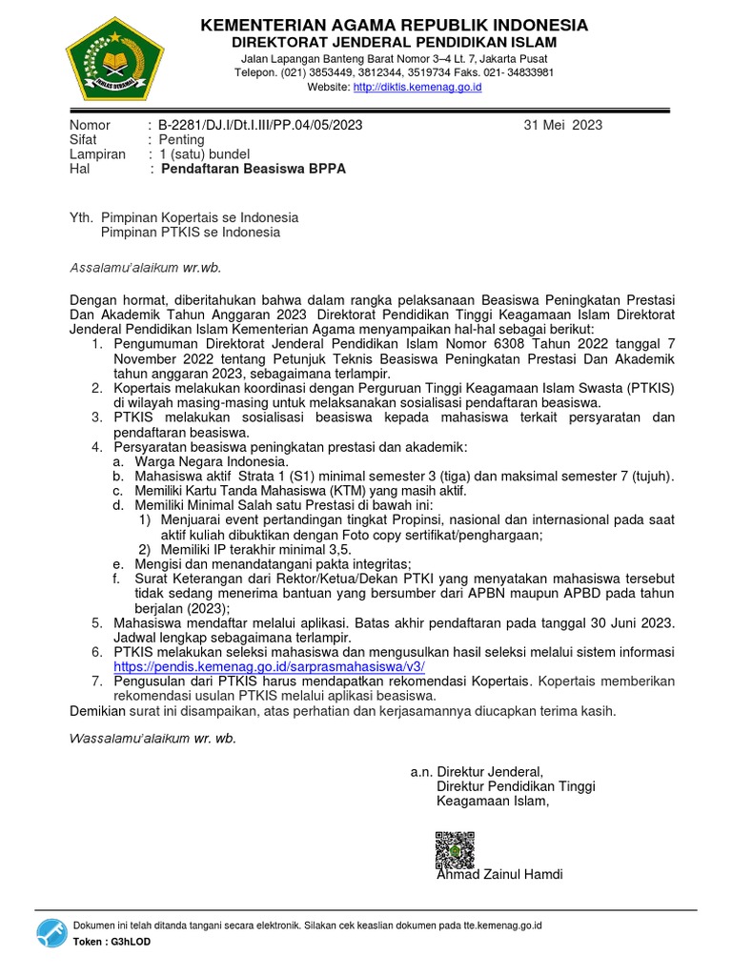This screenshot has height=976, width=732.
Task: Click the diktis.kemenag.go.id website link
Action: point(417,88)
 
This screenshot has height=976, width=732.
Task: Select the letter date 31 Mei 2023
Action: point(563,125)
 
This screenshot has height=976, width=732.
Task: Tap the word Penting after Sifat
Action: point(181,139)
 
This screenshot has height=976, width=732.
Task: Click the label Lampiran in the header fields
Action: point(97,153)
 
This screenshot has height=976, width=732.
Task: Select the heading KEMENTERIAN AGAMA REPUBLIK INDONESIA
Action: point(394,25)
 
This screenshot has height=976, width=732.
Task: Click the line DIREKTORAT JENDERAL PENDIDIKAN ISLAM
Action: point(394,43)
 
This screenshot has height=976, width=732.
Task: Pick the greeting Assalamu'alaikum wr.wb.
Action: point(147,267)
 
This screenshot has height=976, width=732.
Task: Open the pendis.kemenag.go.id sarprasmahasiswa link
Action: point(269,667)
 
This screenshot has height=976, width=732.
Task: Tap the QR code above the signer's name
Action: point(454,847)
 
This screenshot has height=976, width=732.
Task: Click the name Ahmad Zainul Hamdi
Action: point(499,874)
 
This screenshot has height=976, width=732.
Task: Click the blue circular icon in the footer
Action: point(51,933)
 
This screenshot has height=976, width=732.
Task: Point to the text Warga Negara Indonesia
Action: point(197,461)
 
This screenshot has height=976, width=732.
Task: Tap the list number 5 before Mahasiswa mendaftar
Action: point(97,622)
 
